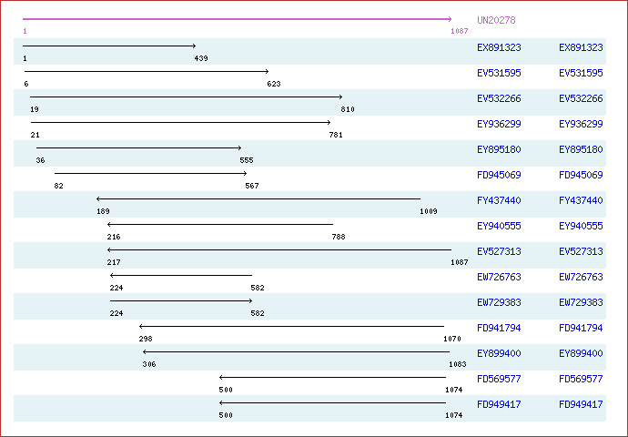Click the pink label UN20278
click(x=496, y=20)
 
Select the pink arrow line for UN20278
click(x=238, y=19)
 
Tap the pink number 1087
click(x=460, y=31)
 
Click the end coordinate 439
click(x=201, y=58)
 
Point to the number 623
click(x=274, y=84)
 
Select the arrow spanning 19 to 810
click(x=187, y=97)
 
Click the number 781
click(x=336, y=135)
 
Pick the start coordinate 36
click(x=40, y=160)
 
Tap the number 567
click(x=252, y=186)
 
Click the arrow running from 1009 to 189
click(x=258, y=198)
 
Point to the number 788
click(x=339, y=237)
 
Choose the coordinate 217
click(x=114, y=262)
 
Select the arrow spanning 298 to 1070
click(x=291, y=327)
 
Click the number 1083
click(x=458, y=364)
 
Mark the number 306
click(x=149, y=364)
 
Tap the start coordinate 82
click(x=59, y=186)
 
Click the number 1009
click(x=429, y=211)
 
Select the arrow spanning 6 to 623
click(x=147, y=71)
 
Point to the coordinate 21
click(x=35, y=135)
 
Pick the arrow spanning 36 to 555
click(x=139, y=147)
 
